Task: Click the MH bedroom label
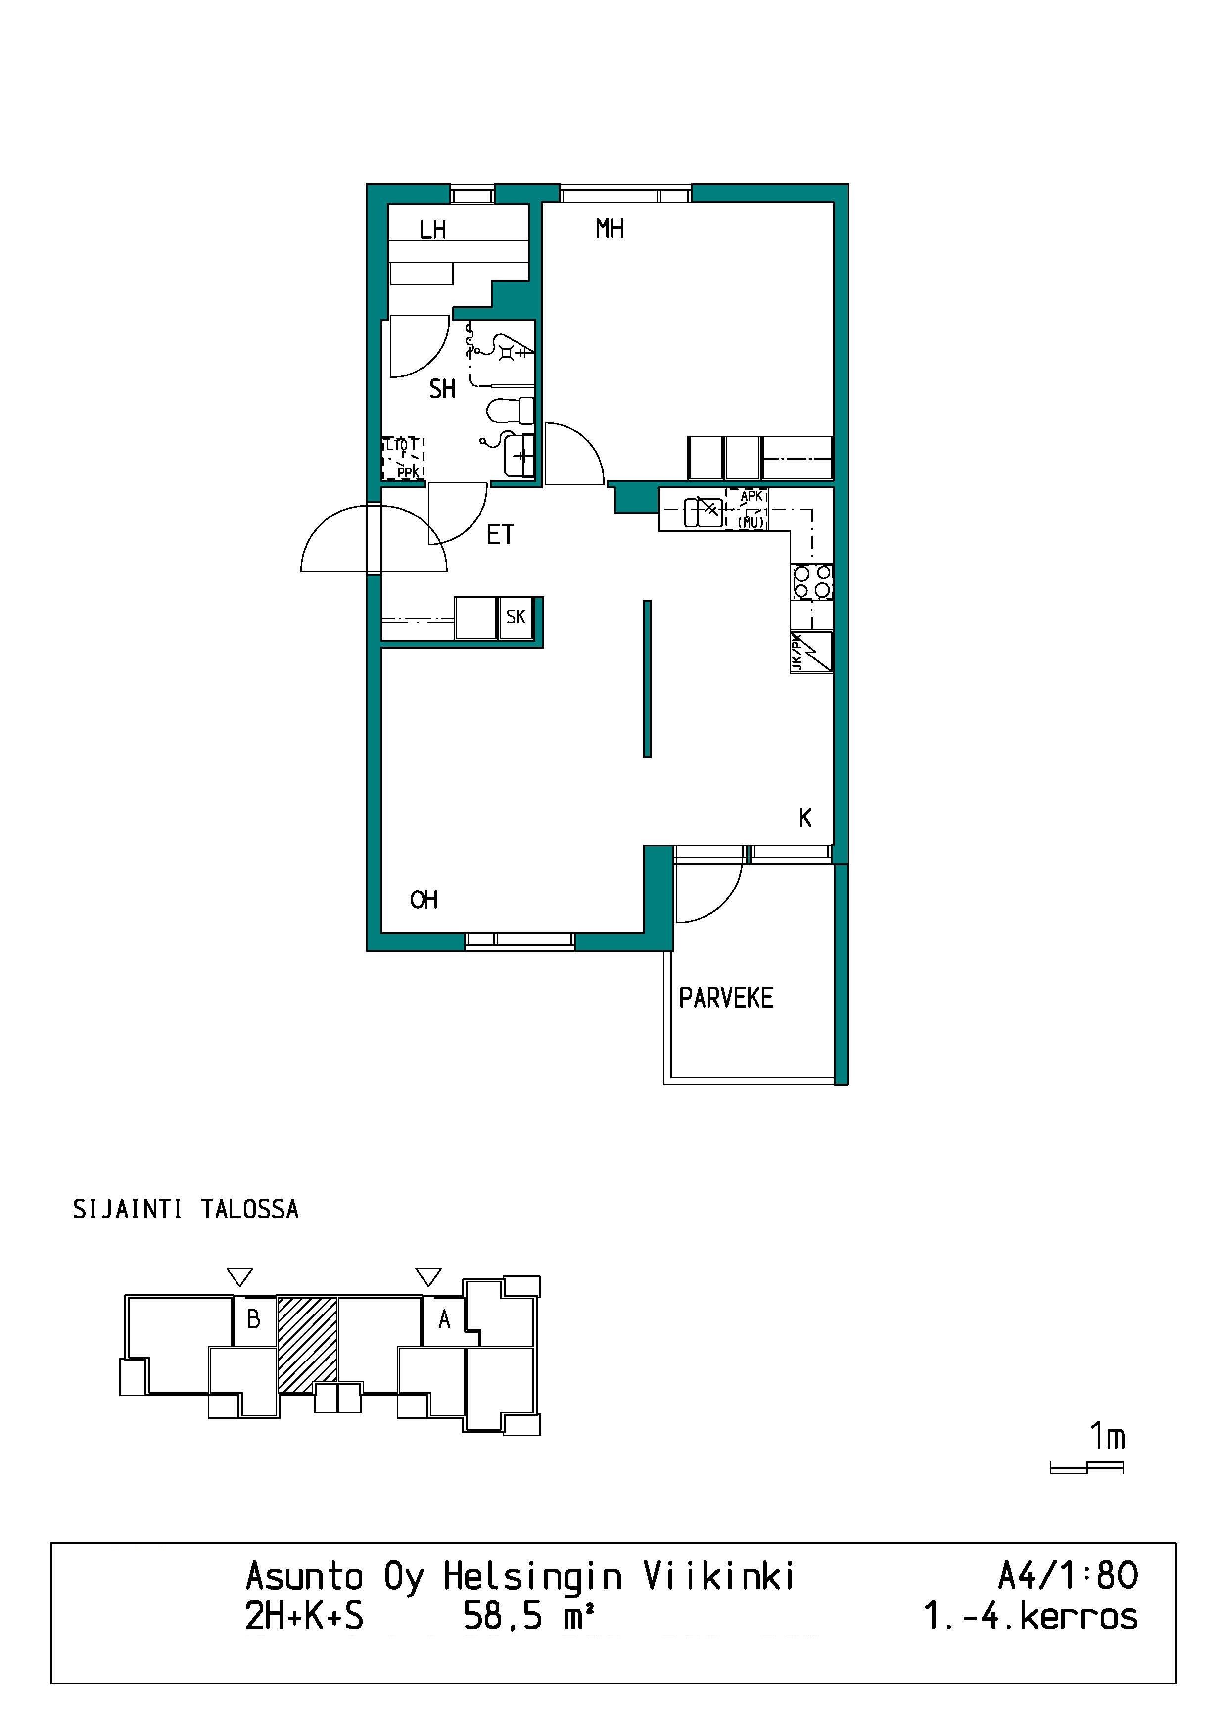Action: (610, 229)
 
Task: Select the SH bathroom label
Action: (442, 389)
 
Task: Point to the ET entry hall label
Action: (500, 535)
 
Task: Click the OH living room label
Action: (424, 900)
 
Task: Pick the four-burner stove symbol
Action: (812, 582)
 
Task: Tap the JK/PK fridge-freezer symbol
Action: (811, 652)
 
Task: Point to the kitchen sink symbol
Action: (703, 512)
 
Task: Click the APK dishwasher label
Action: (752, 497)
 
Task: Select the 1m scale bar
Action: (1087, 1467)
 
